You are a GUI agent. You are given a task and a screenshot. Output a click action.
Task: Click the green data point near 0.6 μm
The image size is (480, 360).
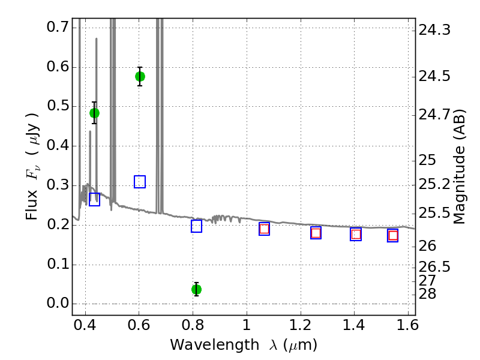tap(140, 76)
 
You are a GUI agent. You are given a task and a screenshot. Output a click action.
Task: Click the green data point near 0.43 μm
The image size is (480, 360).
tap(94, 113)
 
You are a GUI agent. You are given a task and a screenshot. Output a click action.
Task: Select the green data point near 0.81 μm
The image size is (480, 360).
tap(196, 289)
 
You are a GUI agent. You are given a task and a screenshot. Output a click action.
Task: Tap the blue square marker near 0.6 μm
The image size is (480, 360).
tap(140, 182)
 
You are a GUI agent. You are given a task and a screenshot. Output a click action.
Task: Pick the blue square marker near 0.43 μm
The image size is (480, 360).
tap(94, 200)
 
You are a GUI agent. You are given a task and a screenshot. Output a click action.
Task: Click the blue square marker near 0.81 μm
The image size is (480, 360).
tap(196, 226)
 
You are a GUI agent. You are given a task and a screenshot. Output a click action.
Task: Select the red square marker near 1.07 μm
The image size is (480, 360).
tap(264, 229)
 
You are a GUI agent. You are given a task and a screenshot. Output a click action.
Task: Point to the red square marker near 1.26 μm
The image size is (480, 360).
tap(316, 233)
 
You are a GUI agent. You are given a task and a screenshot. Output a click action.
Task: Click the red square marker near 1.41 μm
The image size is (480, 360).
tap(356, 235)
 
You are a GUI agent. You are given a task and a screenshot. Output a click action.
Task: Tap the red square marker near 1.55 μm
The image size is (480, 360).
tap(393, 235)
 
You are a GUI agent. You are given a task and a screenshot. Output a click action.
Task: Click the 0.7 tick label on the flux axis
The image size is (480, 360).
tap(57, 27)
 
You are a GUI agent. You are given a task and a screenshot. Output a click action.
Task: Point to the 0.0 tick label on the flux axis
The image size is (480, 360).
tap(57, 304)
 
